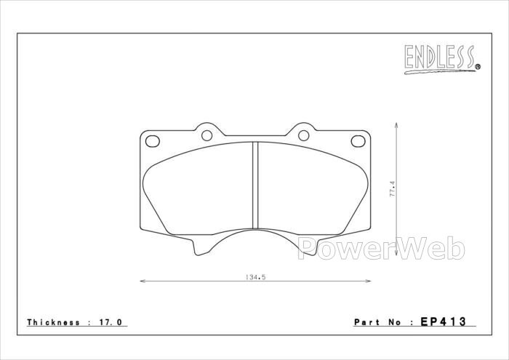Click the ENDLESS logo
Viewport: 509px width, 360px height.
[x=442, y=59]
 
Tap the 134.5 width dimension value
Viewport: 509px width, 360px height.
[x=255, y=277]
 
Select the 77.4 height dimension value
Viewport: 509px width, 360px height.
[x=392, y=189]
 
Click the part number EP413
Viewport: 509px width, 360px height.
[x=443, y=321]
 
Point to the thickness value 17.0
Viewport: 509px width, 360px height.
[x=110, y=322]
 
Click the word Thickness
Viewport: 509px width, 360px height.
[x=53, y=322]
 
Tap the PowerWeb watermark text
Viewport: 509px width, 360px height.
[x=381, y=248]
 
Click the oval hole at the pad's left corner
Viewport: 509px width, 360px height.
[x=153, y=141]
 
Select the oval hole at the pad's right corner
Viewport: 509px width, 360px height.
[x=358, y=141]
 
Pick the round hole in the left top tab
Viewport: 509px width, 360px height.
[x=207, y=135]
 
